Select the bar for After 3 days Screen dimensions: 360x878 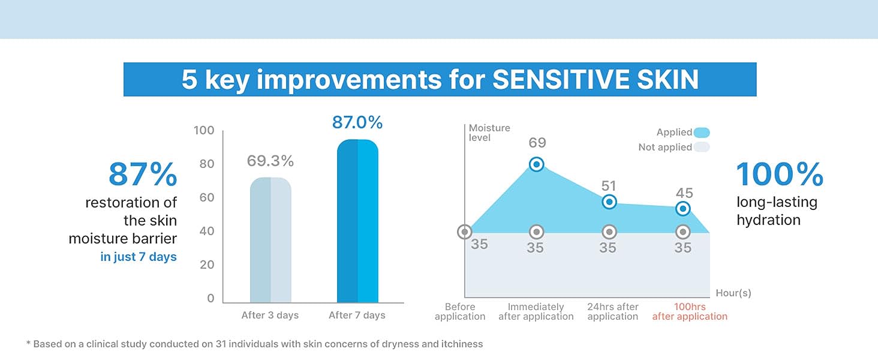(270, 240)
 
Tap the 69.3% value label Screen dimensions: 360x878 (270, 161)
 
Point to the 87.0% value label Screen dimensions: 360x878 (357, 122)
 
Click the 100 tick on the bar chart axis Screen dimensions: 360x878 (204, 131)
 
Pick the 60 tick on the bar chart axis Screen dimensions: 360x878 (206, 198)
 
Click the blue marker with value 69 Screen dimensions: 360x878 (537, 164)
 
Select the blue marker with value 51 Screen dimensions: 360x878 (609, 202)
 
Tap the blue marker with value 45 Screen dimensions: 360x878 (682, 209)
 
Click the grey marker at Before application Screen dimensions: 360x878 (464, 232)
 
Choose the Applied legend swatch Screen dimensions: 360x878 (702, 133)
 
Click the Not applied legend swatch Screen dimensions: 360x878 (702, 147)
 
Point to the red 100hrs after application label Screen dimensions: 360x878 (690, 311)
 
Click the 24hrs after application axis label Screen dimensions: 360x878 (612, 311)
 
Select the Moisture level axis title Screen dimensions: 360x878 (489, 133)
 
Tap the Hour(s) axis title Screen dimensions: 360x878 (733, 293)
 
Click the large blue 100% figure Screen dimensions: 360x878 (780, 175)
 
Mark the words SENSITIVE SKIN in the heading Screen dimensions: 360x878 (596, 80)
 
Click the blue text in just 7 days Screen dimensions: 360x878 (139, 257)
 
